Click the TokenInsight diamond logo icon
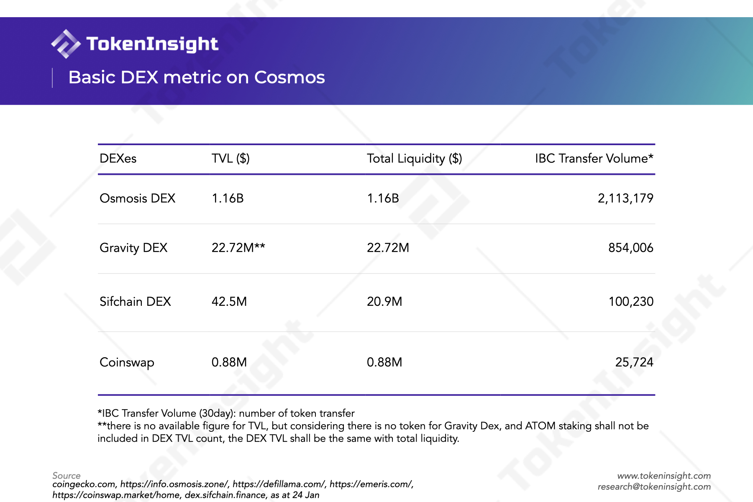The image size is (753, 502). (x=66, y=44)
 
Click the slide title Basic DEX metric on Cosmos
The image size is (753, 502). (x=197, y=77)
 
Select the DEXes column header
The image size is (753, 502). (x=118, y=159)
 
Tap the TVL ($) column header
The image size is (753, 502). (x=231, y=159)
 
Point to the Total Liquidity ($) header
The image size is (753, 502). (x=415, y=159)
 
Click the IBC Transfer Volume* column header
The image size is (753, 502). (x=594, y=159)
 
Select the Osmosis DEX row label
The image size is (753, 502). (x=138, y=198)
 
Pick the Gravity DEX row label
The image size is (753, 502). (x=133, y=248)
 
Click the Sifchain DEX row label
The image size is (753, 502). (x=135, y=302)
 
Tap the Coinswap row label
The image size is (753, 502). (x=127, y=362)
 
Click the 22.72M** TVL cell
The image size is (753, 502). (x=238, y=248)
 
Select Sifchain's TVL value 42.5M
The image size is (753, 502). (x=229, y=302)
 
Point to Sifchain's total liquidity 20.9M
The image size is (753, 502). (x=384, y=302)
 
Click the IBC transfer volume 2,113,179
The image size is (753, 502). (x=625, y=198)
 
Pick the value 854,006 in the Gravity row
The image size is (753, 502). (x=631, y=248)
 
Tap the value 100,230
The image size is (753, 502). (x=631, y=302)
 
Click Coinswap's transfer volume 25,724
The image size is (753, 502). (x=634, y=362)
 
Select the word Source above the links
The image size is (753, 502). (x=67, y=476)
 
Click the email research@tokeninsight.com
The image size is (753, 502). (x=654, y=487)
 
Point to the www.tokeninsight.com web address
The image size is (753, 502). (x=664, y=476)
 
